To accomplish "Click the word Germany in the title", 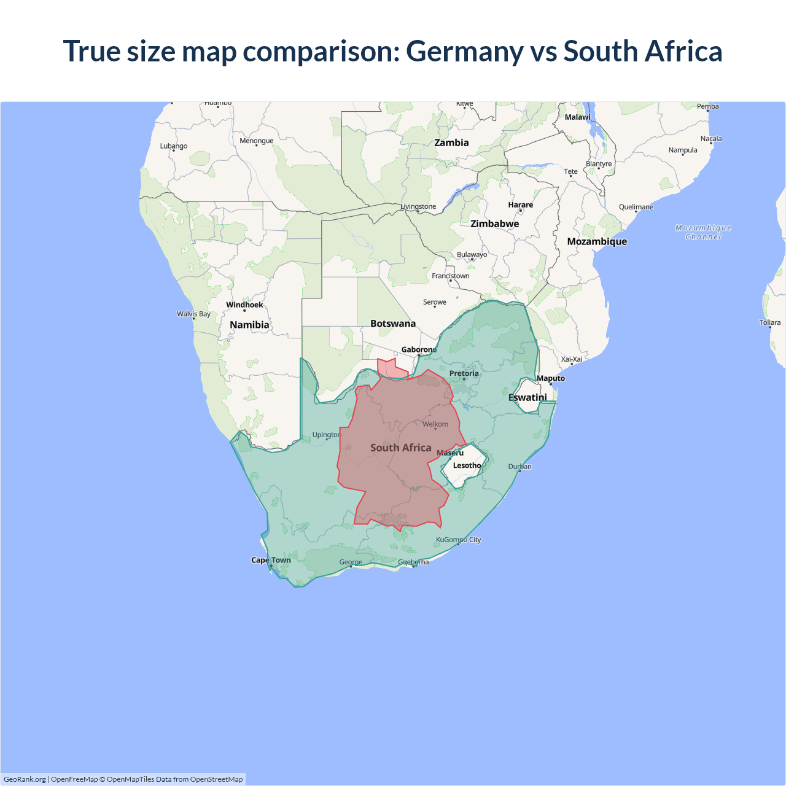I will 464,52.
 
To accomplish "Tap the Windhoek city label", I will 244,305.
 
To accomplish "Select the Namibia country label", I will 249,325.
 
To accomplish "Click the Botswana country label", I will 393,324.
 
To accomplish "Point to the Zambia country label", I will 451,142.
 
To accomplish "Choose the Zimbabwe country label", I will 494,224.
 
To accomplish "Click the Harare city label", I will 520,204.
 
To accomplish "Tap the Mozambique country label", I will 597,241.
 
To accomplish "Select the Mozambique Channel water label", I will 703,232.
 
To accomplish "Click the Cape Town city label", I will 271,560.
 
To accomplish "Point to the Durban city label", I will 519,467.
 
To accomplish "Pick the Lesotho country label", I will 467,465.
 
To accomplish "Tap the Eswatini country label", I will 527,397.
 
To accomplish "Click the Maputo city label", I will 551,378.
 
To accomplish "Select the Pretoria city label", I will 464,373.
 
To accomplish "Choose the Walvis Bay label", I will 193,314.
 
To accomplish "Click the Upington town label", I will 326,435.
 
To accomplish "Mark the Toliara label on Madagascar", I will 769,322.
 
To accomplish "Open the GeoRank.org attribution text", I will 25,779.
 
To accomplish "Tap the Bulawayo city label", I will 472,254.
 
